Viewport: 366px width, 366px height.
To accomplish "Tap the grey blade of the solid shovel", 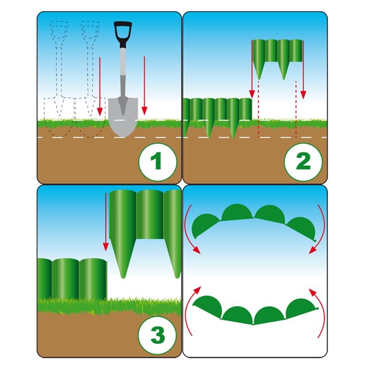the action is [x=123, y=117].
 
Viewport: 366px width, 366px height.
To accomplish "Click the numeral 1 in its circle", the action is [x=156, y=161].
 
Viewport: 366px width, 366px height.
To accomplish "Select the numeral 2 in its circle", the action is [x=303, y=161].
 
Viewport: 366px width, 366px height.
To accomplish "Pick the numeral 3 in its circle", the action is [x=157, y=335].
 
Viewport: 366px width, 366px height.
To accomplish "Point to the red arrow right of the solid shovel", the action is [x=145, y=86].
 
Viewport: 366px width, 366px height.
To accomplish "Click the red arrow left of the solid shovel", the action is [x=100, y=86].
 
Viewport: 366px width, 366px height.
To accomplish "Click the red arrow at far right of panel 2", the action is [x=303, y=70].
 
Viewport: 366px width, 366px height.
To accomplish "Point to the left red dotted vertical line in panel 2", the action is [x=258, y=109].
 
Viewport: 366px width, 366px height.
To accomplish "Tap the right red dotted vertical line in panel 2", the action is [x=296, y=109].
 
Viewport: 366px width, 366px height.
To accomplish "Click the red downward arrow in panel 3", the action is [x=106, y=222].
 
